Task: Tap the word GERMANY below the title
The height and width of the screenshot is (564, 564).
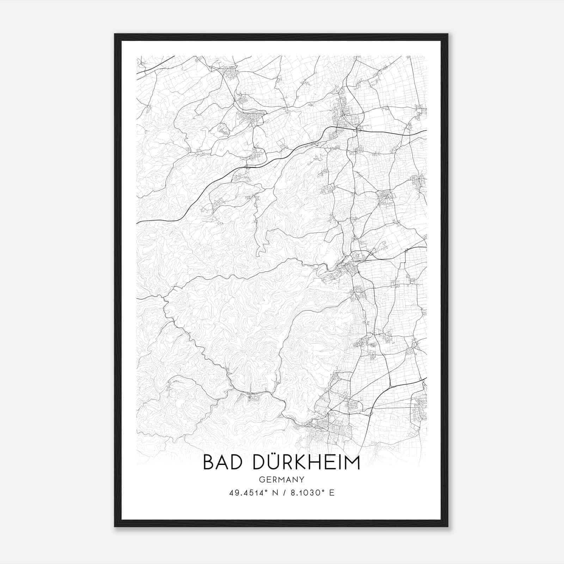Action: tap(282, 479)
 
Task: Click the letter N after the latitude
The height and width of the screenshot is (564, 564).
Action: tap(272, 493)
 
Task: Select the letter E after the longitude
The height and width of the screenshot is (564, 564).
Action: tap(331, 493)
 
